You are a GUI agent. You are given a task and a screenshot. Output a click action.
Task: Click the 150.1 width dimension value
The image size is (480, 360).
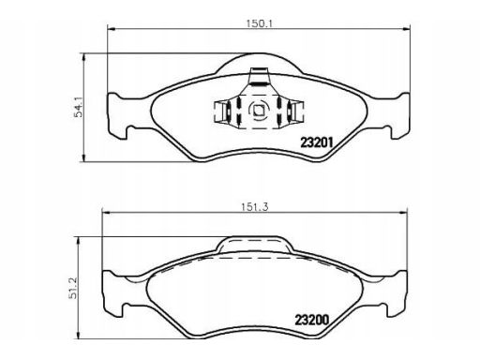(x=260, y=23)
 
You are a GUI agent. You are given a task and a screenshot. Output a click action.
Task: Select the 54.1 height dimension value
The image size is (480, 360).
(x=79, y=107)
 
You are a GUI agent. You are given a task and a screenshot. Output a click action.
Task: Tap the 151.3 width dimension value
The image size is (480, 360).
(x=255, y=207)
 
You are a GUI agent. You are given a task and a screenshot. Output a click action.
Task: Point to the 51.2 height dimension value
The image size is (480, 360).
(x=73, y=288)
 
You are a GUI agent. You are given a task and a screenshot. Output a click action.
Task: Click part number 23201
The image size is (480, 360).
(x=317, y=142)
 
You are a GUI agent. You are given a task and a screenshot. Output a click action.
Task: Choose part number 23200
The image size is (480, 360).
(x=312, y=320)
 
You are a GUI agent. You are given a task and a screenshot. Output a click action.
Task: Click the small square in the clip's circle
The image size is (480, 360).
(x=259, y=110)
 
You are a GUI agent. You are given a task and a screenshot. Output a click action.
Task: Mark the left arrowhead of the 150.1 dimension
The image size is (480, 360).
(x=112, y=29)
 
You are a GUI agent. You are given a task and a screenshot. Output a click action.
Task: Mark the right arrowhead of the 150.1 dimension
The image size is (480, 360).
(x=405, y=29)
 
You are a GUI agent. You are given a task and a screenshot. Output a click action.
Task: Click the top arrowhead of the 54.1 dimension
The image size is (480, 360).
(x=83, y=58)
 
